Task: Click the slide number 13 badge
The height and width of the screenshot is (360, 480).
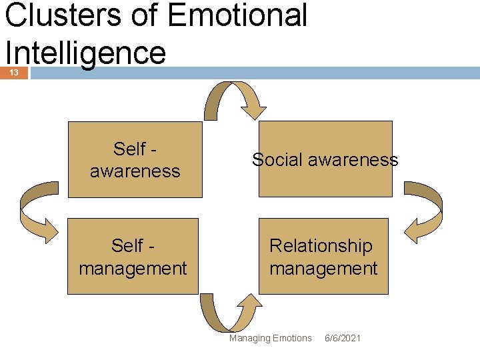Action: (14, 72)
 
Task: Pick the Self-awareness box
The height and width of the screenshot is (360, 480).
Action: (135, 160)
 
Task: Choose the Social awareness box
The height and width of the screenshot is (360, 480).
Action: (325, 160)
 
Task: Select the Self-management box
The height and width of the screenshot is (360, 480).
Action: (133, 257)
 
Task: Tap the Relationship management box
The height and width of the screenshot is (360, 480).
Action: (323, 257)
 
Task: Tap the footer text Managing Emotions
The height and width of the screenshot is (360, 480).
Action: (270, 338)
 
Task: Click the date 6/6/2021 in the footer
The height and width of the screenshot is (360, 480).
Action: (343, 338)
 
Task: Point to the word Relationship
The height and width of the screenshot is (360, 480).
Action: (321, 245)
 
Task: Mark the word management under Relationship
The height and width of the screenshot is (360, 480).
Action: (323, 269)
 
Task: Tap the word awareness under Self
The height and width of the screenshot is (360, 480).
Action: (135, 171)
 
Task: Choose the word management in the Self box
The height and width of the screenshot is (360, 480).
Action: (133, 269)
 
